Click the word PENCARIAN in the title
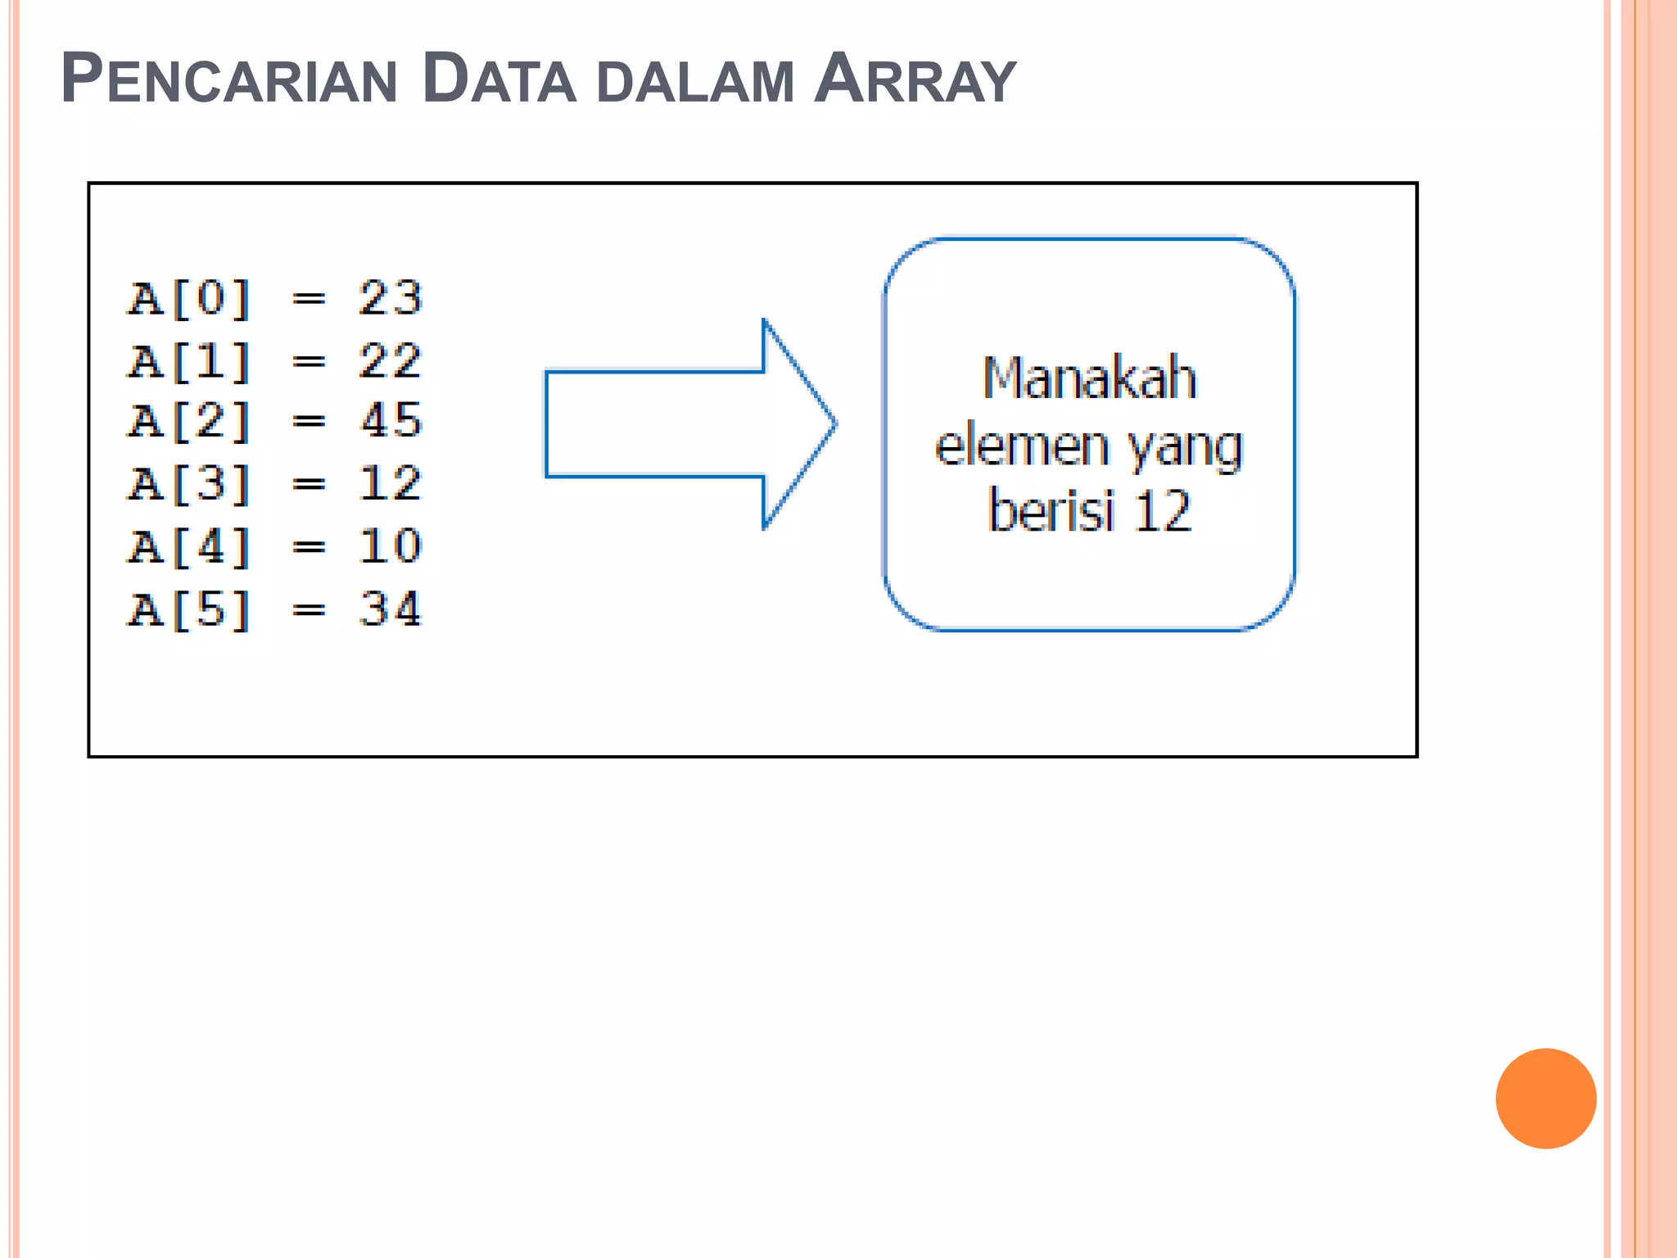tap(229, 80)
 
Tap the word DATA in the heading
tap(499, 80)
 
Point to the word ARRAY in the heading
tap(915, 80)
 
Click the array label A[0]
tap(189, 298)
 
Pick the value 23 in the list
tap(391, 298)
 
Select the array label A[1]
tap(189, 361)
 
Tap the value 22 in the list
tap(391, 361)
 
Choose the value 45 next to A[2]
tap(391, 421)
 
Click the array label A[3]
tap(189, 484)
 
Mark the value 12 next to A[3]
tap(391, 484)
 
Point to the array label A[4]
tap(189, 547)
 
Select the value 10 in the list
tap(391, 547)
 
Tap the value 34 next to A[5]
tap(391, 610)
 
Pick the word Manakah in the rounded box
tap(1089, 378)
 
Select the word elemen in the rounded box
tap(1022, 447)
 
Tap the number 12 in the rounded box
tap(1163, 511)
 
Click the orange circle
tap(1545, 1098)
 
